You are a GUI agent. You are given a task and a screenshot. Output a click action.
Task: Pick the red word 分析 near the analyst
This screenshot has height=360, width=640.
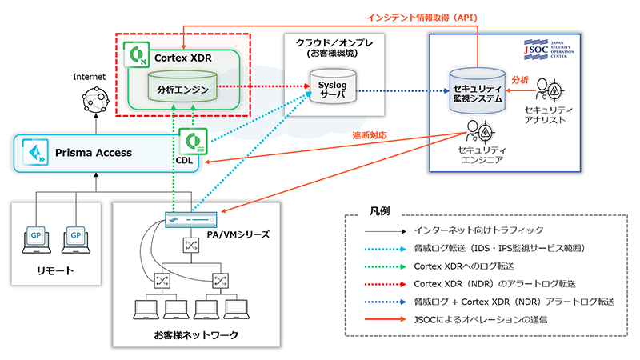point(519,80)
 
